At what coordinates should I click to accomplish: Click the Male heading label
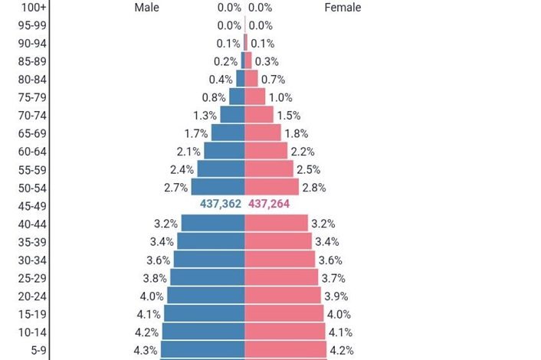(146, 8)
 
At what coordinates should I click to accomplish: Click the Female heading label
(343, 8)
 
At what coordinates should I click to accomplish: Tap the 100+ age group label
(33, 8)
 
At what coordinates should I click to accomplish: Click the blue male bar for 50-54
(218, 187)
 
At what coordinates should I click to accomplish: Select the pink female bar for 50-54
(271, 187)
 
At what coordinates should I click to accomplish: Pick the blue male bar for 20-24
(205, 296)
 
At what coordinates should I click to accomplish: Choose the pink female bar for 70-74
(259, 115)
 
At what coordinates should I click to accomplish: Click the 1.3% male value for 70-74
(205, 116)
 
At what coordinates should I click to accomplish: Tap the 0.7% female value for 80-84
(273, 80)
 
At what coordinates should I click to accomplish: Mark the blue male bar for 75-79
(237, 97)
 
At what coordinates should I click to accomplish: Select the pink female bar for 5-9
(284, 350)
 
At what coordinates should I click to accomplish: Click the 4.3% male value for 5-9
(146, 351)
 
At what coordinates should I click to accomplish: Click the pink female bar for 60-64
(268, 151)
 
